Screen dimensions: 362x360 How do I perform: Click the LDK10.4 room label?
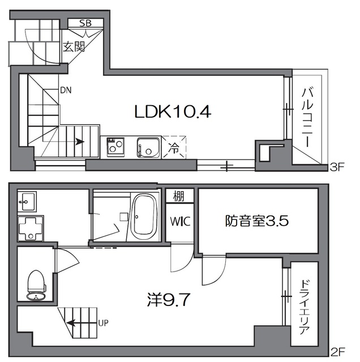pyautogui.click(x=172, y=112)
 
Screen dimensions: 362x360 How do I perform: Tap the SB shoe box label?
pyautogui.click(x=85, y=23)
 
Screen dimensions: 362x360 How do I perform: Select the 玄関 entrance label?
pyautogui.click(x=74, y=46)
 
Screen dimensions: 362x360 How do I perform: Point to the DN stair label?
pyautogui.click(x=66, y=89)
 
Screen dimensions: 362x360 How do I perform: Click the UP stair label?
pyautogui.click(x=104, y=324)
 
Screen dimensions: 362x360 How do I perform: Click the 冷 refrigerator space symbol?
pyautogui.click(x=174, y=149)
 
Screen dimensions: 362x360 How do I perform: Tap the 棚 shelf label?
pyautogui.click(x=179, y=197)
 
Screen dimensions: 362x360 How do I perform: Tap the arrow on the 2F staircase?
pyautogui.click(x=75, y=324)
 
